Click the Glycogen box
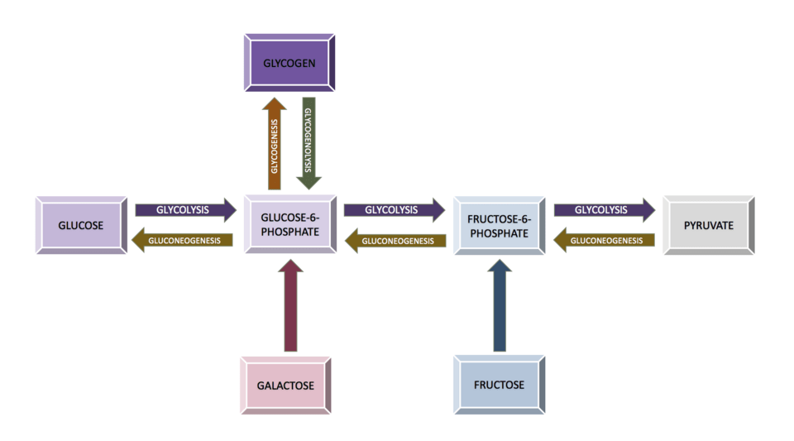click(x=289, y=63)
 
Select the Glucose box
click(x=81, y=225)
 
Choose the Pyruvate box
click(x=709, y=225)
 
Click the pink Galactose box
click(x=285, y=385)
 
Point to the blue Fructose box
click(x=499, y=385)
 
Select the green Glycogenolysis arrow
click(x=308, y=141)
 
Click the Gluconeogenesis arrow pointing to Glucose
click(x=184, y=241)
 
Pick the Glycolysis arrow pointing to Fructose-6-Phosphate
click(x=394, y=209)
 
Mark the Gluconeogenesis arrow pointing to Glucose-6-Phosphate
click(x=395, y=241)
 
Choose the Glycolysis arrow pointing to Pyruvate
click(x=603, y=209)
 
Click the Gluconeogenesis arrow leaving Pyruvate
click(x=604, y=241)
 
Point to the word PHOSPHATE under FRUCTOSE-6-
click(x=500, y=233)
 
